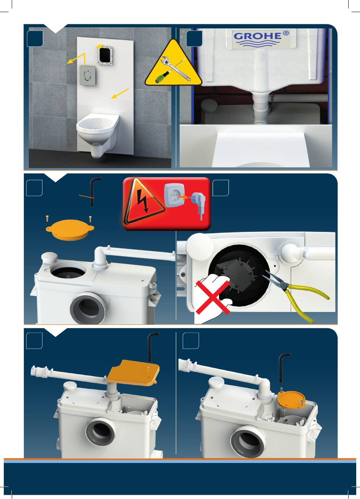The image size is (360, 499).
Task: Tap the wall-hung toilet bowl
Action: [x=98, y=134]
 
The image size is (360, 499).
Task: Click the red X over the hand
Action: [x=213, y=298]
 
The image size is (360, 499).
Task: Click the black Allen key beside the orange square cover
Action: [x=152, y=347]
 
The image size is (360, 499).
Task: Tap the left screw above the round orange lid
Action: [x=47, y=218]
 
